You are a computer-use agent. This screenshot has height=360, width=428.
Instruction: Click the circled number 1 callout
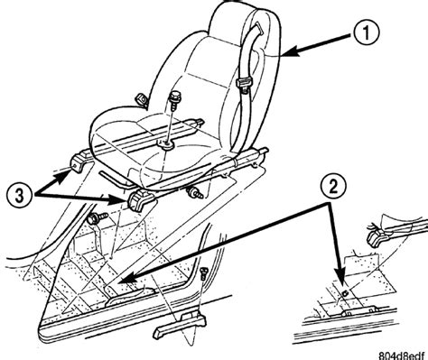click(x=366, y=33)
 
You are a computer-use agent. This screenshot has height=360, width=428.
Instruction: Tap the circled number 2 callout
click(x=333, y=187)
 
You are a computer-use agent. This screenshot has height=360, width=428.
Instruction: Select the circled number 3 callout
click(x=19, y=197)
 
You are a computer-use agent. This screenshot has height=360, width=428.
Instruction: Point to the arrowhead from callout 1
click(x=291, y=51)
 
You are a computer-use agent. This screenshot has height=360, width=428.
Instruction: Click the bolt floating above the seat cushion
click(x=173, y=101)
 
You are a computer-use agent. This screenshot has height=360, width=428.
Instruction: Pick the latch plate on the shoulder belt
click(x=244, y=83)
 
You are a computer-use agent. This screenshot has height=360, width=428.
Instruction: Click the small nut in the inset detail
click(x=346, y=291)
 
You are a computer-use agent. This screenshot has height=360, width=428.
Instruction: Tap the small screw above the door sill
click(x=204, y=274)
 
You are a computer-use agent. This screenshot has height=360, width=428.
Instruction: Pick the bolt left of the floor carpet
click(x=98, y=217)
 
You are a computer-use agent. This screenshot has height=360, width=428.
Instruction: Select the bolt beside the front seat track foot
click(x=195, y=192)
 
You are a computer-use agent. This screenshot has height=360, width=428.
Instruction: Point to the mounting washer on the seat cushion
click(x=167, y=145)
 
